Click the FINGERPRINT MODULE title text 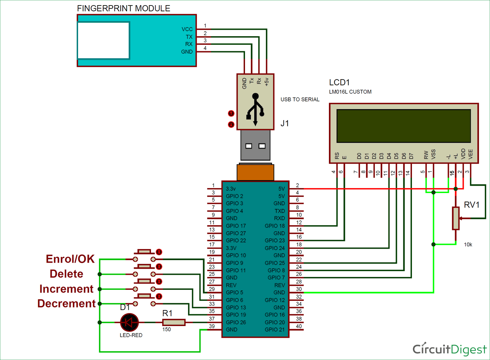[123, 8]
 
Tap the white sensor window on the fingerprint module [104, 41]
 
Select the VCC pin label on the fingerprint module [187, 29]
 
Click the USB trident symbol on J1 [255, 109]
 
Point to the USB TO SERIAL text [300, 99]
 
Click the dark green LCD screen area [403, 126]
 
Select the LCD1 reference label [339, 82]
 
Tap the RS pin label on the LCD [337, 155]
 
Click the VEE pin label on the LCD [471, 154]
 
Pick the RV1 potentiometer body [456, 218]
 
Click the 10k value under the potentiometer [468, 245]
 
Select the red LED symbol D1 [129, 322]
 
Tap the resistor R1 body [174, 322]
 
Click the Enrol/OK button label [70, 259]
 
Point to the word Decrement [66, 303]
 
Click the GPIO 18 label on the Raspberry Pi [274, 226]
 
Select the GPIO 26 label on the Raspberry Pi [236, 322]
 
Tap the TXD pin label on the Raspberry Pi [279, 211]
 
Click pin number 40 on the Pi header [299, 326]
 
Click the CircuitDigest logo [449, 349]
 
